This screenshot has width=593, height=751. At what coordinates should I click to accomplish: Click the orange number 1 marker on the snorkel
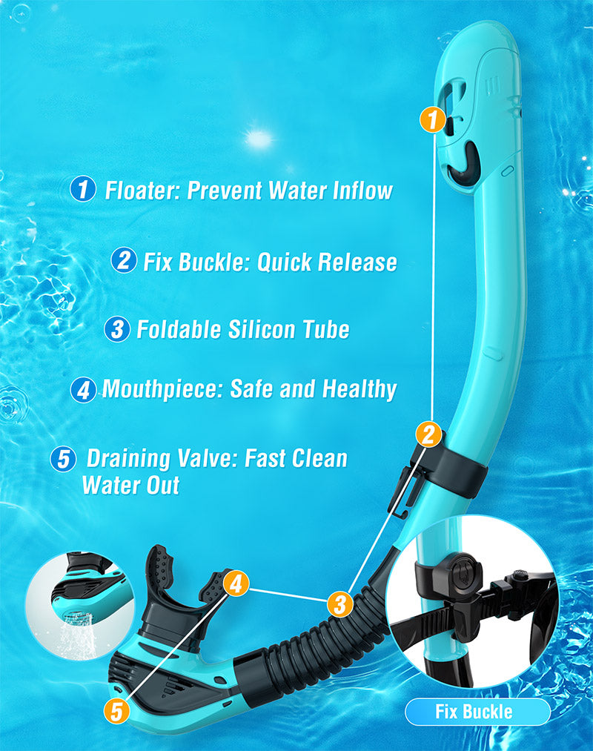click(x=433, y=119)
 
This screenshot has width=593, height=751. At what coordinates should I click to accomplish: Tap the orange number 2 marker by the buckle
click(x=428, y=434)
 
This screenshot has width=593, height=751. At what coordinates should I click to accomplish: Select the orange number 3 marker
click(x=340, y=603)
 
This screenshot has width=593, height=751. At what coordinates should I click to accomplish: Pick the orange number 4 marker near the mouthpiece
click(x=236, y=583)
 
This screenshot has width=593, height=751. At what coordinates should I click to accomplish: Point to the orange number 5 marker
click(x=117, y=710)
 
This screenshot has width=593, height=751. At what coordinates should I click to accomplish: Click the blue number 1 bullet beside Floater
click(x=83, y=189)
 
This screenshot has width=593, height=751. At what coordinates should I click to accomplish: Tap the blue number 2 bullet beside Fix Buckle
click(x=124, y=260)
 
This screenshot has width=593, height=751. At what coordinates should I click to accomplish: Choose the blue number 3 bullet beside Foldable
click(x=117, y=329)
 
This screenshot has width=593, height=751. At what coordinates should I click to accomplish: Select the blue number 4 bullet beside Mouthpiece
click(x=83, y=390)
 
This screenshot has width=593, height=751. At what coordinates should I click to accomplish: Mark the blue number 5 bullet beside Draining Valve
click(x=63, y=459)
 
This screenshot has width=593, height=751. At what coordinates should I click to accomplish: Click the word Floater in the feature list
click(x=142, y=191)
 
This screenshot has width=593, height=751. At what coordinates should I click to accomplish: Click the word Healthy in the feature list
click(x=360, y=389)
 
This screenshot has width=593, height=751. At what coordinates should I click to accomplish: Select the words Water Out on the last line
click(x=130, y=485)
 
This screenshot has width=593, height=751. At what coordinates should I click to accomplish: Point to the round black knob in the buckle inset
click(x=463, y=572)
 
